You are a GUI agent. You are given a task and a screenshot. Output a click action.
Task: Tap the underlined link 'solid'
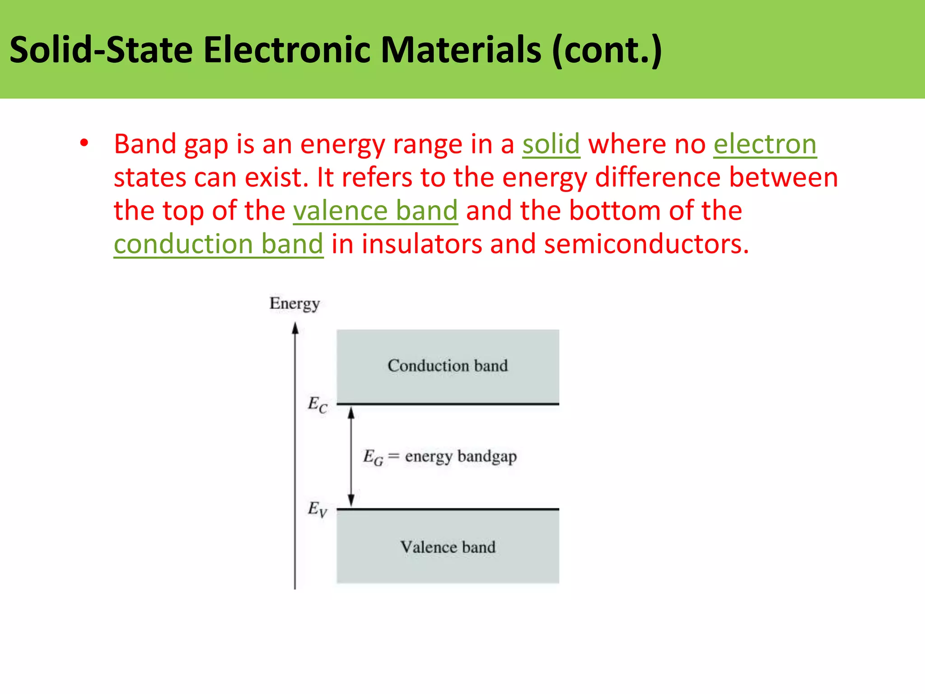click(551, 145)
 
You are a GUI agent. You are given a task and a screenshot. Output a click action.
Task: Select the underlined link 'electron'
click(765, 145)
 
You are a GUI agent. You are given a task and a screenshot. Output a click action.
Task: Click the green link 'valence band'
click(375, 211)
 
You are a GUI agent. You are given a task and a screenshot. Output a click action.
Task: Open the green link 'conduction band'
click(219, 244)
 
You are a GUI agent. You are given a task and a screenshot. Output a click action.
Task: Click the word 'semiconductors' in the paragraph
click(646, 244)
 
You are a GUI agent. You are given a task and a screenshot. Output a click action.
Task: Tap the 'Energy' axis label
click(294, 304)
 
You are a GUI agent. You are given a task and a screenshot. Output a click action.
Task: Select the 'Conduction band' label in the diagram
click(448, 366)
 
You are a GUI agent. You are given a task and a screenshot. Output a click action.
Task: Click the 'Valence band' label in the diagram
click(448, 547)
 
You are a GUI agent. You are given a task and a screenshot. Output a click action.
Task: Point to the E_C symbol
click(318, 404)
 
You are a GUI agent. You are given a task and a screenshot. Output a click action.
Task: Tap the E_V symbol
click(318, 509)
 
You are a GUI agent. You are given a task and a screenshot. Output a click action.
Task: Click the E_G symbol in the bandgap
click(373, 457)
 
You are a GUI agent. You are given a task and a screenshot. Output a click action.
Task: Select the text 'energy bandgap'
click(461, 457)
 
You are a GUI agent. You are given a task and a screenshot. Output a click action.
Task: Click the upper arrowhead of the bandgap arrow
click(351, 413)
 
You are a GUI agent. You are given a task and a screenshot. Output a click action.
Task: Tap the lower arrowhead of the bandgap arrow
click(351, 501)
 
